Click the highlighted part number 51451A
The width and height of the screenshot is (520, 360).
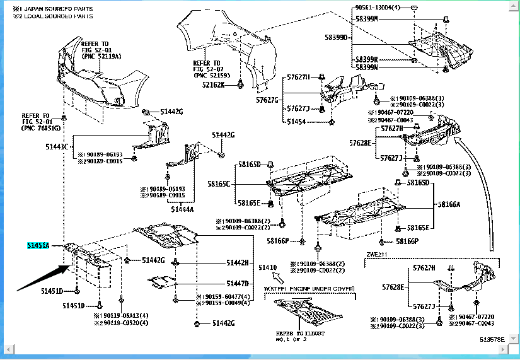[38, 245]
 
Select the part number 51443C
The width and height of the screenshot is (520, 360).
[57, 146]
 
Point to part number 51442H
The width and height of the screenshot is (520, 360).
[238, 262]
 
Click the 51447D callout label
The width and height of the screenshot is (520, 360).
[238, 283]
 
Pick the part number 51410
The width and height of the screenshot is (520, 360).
[267, 268]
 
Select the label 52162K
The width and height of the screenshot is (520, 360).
[214, 84]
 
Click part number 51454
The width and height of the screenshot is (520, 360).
[297, 121]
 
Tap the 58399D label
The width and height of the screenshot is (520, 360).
[336, 38]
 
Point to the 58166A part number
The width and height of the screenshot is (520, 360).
[449, 205]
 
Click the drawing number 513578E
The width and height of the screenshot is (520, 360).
[492, 339]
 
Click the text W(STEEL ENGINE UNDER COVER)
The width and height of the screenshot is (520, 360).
[309, 288]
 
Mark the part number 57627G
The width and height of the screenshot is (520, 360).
[267, 100]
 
